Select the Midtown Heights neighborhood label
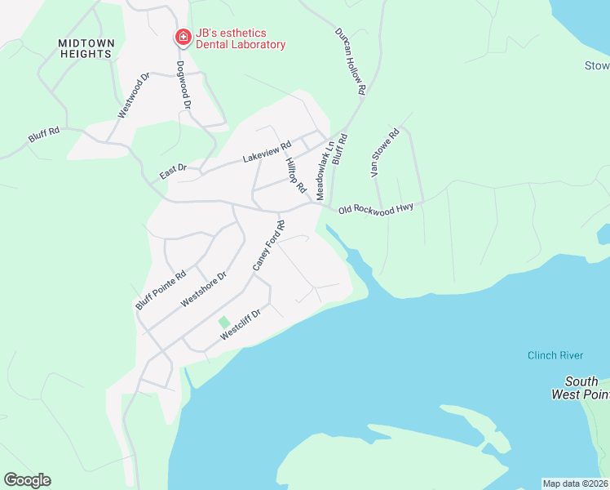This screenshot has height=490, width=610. tap(86, 48)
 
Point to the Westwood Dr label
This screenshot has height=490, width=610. tap(135, 96)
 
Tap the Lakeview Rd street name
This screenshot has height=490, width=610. tap(267, 153)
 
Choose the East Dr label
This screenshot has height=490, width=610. tap(173, 172)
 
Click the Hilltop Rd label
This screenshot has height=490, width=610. tap(295, 175)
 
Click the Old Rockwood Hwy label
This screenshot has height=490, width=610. tap(376, 208)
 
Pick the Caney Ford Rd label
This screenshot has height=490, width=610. tap(267, 246)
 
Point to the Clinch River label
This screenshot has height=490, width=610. tap(555, 355)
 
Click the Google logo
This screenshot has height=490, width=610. tap(27, 480)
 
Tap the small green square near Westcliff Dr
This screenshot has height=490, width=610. tap(224, 323)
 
